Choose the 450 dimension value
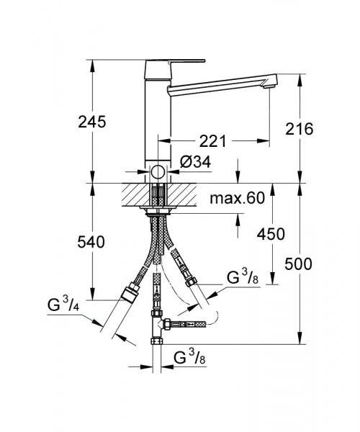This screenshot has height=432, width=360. [x=270, y=234]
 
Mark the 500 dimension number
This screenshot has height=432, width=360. [x=298, y=264]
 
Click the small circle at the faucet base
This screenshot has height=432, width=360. [x=158, y=173]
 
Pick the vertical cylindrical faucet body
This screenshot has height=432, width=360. [x=158, y=119]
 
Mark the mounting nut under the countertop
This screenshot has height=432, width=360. [x=158, y=212]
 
